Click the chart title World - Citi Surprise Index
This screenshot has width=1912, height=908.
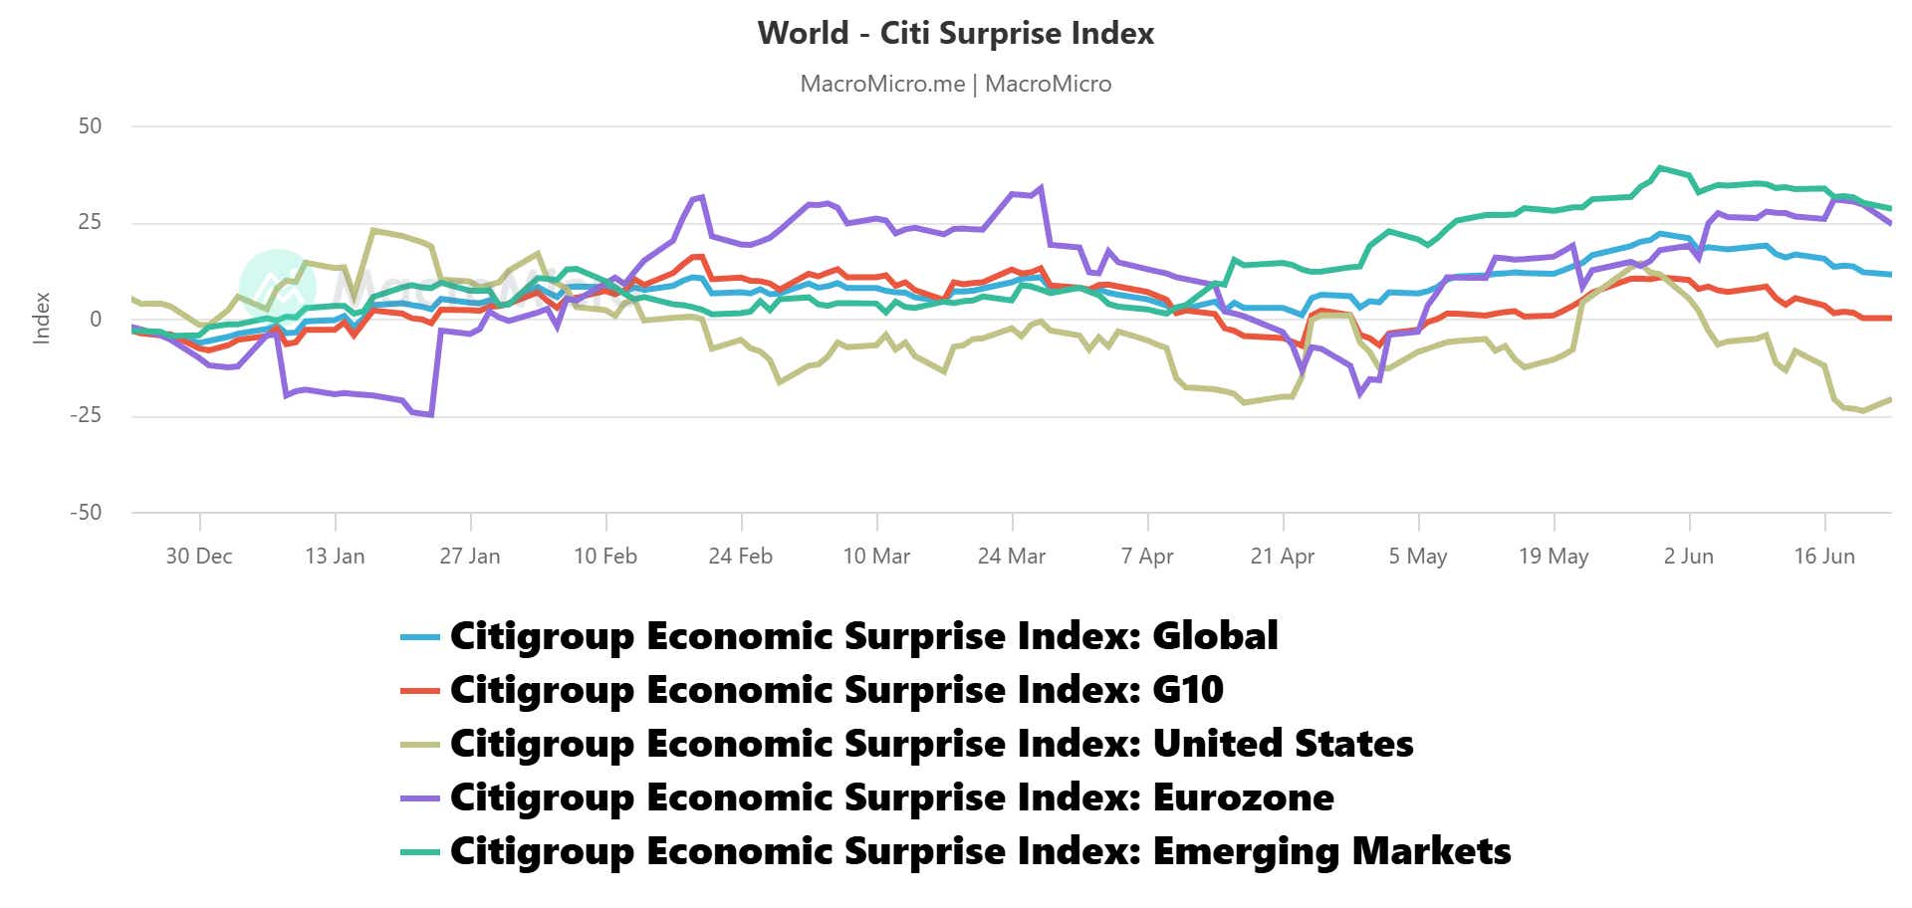point(955,33)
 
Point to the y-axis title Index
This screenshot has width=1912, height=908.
point(42,319)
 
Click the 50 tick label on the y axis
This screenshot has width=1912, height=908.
point(90,125)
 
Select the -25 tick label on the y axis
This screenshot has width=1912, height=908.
point(86,415)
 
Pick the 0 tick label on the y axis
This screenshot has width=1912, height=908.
point(96,319)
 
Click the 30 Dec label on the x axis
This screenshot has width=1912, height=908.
point(199,556)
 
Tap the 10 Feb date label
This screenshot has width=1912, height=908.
point(605,556)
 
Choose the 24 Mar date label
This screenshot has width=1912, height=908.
point(1012,556)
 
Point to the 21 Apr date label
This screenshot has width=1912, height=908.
point(1283,556)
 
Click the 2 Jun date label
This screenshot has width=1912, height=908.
point(1689,556)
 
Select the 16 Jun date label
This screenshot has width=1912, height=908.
point(1824,556)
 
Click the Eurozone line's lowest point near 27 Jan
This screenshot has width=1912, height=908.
point(430,414)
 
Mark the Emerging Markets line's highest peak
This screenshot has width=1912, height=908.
point(1659,167)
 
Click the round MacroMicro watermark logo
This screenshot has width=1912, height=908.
point(278,286)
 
